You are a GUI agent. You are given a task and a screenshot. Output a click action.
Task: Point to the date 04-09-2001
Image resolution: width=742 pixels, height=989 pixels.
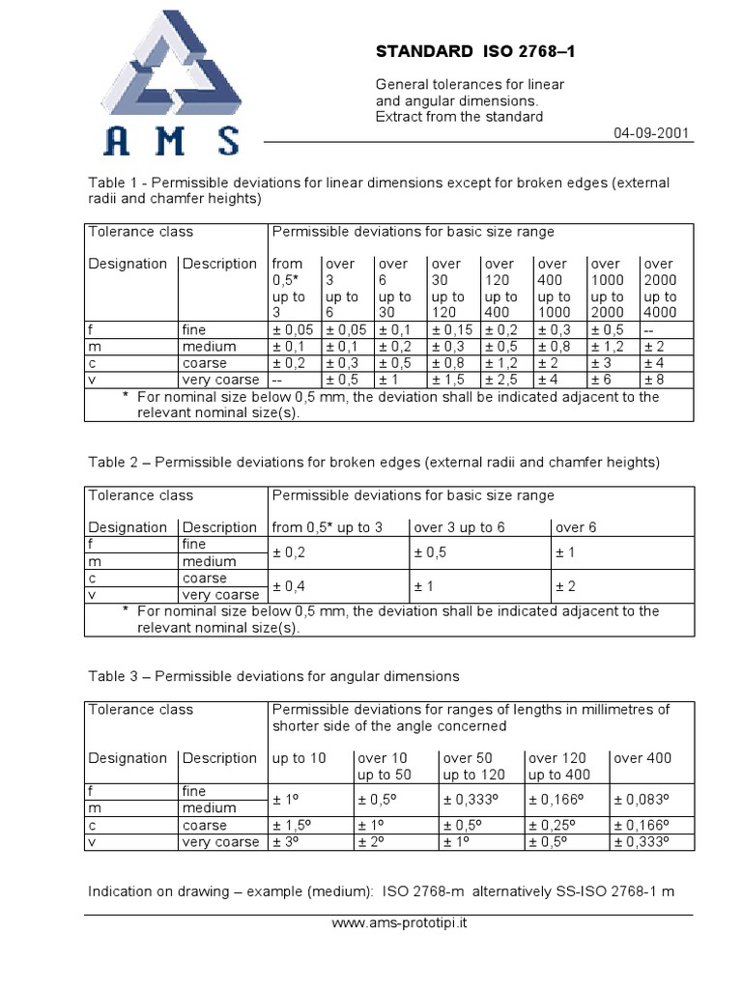(x=651, y=133)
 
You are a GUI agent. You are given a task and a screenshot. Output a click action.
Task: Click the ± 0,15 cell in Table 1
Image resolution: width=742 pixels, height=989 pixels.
(x=451, y=330)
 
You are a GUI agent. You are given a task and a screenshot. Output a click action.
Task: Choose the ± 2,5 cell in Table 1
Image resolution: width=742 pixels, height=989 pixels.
(x=502, y=380)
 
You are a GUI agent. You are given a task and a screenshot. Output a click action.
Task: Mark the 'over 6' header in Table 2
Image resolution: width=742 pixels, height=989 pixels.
(x=577, y=527)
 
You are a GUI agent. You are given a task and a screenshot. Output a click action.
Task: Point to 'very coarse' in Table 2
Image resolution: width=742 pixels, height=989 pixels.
(x=220, y=595)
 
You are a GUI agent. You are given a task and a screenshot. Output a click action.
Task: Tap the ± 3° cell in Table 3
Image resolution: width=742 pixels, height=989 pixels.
(x=288, y=842)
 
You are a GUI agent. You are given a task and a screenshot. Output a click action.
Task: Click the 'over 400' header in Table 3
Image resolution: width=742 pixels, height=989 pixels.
(x=642, y=758)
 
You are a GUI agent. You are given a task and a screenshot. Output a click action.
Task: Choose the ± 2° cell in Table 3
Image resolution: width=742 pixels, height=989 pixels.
(x=373, y=842)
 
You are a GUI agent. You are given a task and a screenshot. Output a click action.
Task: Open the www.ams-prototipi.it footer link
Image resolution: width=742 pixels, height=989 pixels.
(x=399, y=923)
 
